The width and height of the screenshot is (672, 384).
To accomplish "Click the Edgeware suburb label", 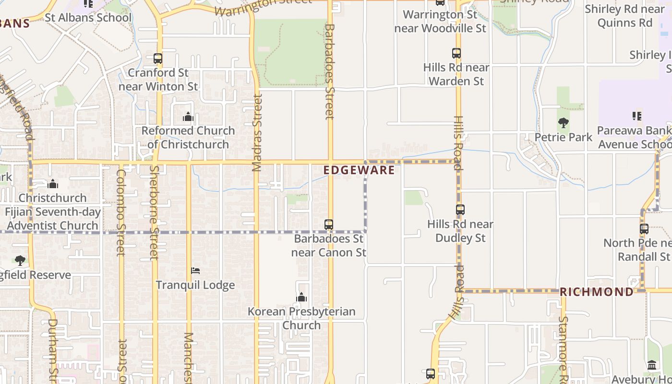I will [x=359, y=170].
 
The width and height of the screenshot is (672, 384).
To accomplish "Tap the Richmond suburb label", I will [x=597, y=292].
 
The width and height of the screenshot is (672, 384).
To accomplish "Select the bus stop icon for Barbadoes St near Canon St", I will [x=329, y=224].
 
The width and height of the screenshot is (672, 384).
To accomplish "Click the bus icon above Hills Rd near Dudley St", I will [x=460, y=210].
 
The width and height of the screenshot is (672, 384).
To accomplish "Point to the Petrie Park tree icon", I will [x=564, y=123].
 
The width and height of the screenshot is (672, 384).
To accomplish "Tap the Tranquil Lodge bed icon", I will [x=195, y=271].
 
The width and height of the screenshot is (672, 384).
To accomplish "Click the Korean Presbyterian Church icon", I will [x=301, y=298].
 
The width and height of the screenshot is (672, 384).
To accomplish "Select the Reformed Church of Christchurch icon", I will [x=188, y=117].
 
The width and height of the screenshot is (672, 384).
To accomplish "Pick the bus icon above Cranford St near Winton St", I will [x=158, y=59].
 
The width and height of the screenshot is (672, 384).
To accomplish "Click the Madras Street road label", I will [x=258, y=132].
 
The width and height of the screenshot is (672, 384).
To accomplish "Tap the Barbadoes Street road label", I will [x=329, y=72].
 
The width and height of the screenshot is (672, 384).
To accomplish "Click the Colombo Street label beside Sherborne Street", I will [x=120, y=213].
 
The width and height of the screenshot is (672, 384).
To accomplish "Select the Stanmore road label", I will [x=563, y=348].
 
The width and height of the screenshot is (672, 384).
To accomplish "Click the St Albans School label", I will [x=88, y=18].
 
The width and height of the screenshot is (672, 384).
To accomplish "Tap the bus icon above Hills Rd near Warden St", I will [x=456, y=53].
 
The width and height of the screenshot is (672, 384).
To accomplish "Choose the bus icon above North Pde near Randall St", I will [x=644, y=229].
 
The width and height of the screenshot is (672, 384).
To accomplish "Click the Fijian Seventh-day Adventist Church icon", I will [x=53, y=184].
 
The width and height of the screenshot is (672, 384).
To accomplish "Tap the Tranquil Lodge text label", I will [x=195, y=285].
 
